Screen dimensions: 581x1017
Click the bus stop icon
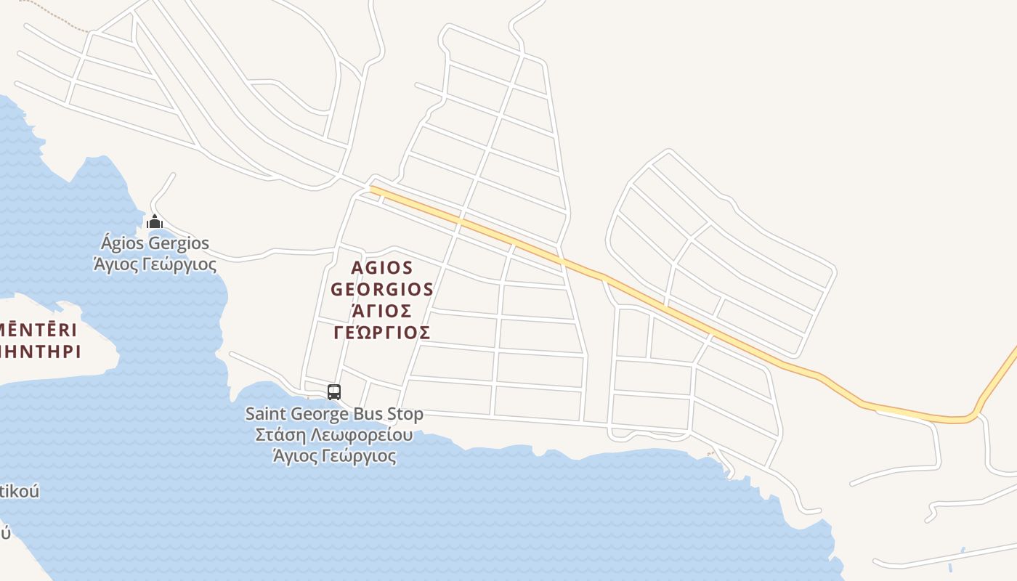coord(334,392)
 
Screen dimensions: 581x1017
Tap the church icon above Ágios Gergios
coord(154,222)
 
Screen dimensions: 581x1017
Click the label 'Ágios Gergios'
coord(155,243)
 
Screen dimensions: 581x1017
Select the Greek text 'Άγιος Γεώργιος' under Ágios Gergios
coord(155,264)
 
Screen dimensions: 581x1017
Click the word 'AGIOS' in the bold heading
coord(382,268)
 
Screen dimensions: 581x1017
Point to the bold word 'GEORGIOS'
coord(382,289)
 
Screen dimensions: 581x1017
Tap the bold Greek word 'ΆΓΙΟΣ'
coord(382,311)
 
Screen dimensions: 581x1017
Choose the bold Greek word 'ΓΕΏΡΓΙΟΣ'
coord(382,333)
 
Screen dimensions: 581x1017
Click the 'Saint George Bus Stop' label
coord(334,414)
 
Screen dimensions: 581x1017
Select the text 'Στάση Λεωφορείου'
coord(334,435)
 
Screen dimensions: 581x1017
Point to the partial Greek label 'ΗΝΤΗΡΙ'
coord(40,352)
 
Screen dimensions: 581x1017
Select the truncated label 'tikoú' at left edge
coord(20,491)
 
